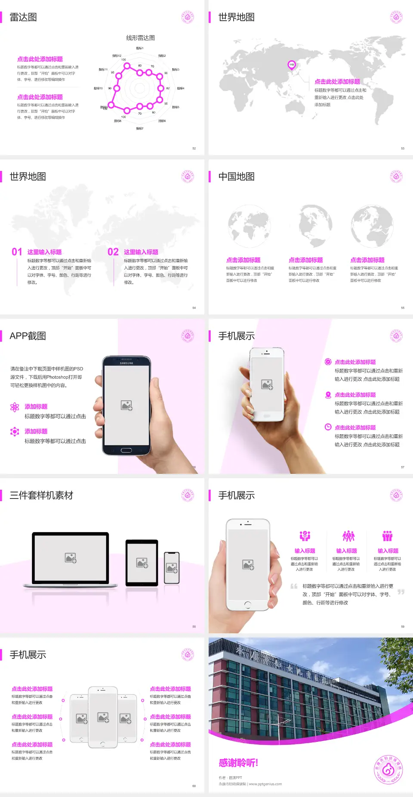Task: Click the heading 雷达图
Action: click(23, 17)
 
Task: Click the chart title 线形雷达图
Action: click(140, 38)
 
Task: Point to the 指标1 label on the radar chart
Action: click(140, 48)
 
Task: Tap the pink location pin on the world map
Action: click(292, 65)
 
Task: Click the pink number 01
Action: click(17, 252)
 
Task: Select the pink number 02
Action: click(113, 252)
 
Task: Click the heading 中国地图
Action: click(236, 177)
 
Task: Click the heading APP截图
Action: click(28, 336)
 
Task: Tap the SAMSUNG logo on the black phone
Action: click(126, 363)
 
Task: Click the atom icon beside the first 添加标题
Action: click(15, 407)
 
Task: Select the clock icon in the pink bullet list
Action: click(328, 427)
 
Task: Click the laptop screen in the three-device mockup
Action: click(71, 557)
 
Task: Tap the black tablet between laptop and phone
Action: click(142, 562)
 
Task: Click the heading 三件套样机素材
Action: click(41, 495)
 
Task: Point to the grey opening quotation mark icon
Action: click(294, 586)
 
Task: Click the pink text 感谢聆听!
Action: click(238, 763)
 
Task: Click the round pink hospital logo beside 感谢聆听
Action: click(388, 770)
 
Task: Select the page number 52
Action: click(194, 149)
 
